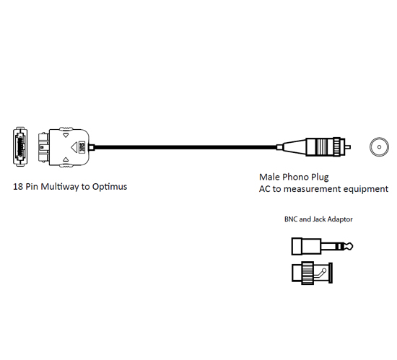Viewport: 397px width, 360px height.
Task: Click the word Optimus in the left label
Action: click(x=110, y=187)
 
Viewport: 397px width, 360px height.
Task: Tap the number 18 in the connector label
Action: click(x=18, y=187)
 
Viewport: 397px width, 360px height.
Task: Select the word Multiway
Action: click(x=60, y=187)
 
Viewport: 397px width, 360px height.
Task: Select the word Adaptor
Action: click(x=340, y=219)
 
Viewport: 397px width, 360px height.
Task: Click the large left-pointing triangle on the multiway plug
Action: click(x=74, y=147)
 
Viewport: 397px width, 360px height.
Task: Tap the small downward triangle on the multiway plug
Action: click(x=66, y=135)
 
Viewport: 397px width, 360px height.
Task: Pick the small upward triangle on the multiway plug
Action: click(x=66, y=159)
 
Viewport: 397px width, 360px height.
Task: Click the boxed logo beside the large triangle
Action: click(x=82, y=146)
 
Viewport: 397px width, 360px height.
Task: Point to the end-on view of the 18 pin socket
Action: click(x=20, y=146)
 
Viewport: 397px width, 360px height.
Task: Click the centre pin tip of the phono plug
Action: click(x=348, y=147)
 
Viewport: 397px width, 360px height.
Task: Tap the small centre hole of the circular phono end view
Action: click(x=379, y=147)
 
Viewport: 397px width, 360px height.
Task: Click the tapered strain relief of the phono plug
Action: click(x=295, y=147)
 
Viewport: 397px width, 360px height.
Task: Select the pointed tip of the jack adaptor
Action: click(x=350, y=246)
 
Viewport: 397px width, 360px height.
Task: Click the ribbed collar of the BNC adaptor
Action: click(x=307, y=273)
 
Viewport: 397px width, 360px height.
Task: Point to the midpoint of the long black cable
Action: click(x=186, y=147)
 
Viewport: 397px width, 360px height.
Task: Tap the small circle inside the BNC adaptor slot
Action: click(x=324, y=271)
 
